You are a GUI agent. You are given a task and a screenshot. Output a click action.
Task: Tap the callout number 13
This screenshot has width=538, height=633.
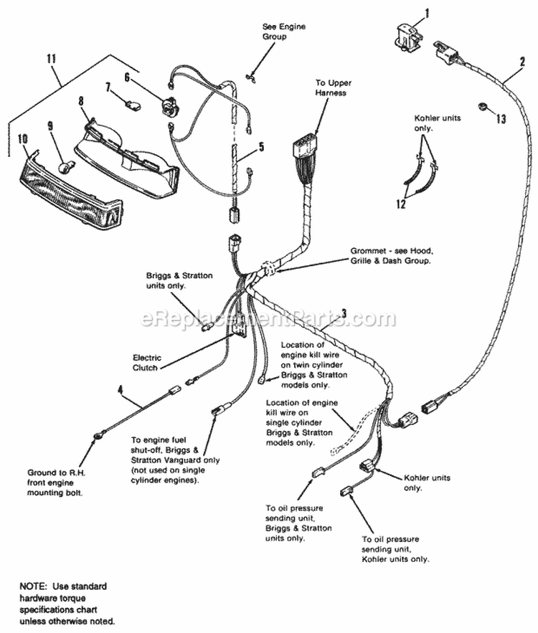click(502, 118)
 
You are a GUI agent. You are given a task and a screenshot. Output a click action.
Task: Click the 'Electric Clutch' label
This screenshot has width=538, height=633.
click(147, 362)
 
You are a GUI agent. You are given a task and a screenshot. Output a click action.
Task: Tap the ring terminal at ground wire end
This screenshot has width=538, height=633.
click(96, 435)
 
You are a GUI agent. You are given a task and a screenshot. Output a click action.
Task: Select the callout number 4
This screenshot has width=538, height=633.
click(121, 391)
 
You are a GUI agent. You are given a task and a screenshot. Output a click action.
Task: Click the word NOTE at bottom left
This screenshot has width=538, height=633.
click(33, 586)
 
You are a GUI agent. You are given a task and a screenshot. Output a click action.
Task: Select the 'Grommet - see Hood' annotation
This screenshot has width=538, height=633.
click(394, 256)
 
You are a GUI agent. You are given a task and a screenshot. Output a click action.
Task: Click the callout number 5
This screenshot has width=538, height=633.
click(261, 147)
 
